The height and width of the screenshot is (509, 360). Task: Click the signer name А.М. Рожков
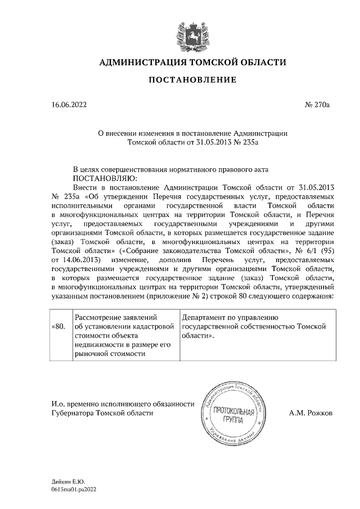click(310, 413)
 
